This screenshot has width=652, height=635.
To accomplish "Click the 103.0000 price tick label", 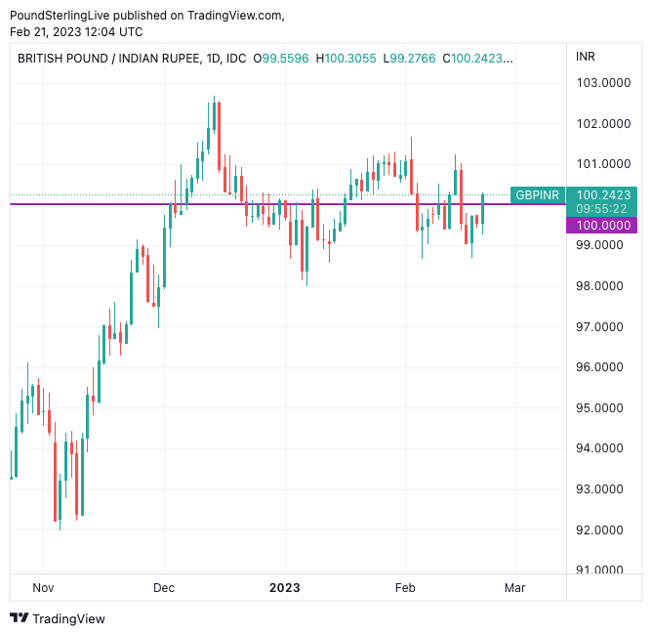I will click(x=600, y=83).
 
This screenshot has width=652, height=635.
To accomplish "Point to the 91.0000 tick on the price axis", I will click(x=600, y=571).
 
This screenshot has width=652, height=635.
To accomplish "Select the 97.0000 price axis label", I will click(x=600, y=326).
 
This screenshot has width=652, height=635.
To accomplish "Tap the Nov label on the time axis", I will click(x=42, y=588).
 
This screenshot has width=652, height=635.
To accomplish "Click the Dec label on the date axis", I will click(x=164, y=588).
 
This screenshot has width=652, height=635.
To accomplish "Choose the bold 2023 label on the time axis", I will click(x=285, y=588).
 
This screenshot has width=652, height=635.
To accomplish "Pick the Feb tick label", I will click(x=405, y=588).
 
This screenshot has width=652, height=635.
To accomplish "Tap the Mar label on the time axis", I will click(x=514, y=588).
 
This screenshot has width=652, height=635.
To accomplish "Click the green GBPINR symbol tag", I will click(x=537, y=195).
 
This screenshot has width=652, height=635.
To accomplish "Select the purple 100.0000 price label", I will click(x=600, y=226).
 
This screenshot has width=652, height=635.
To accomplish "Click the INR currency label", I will click(x=586, y=57).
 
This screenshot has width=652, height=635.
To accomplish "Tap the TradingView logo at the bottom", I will click(x=58, y=618).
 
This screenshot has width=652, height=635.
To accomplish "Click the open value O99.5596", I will click(x=280, y=59).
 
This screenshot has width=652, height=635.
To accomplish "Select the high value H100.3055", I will click(x=349, y=59).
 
